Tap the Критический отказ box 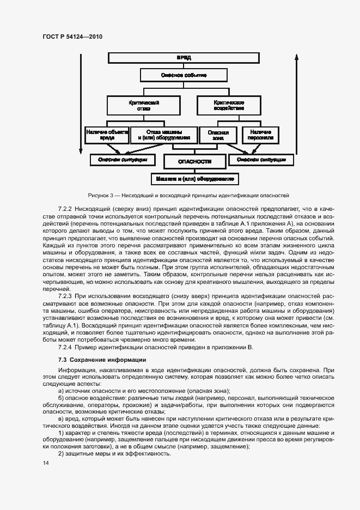136,105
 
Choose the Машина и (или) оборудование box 194,179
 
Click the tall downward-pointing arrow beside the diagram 81,104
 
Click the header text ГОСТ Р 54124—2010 72,37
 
